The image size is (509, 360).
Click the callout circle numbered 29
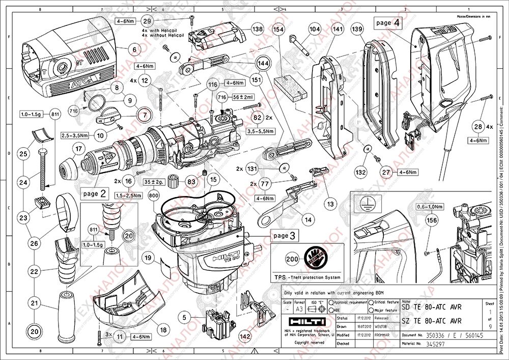147,21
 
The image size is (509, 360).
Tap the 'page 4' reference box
388,23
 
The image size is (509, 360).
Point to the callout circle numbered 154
278,30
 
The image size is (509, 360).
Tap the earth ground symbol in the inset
364,202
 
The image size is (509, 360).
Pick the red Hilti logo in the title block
305,325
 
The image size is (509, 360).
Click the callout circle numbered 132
360,173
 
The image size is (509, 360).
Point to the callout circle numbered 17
77,149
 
